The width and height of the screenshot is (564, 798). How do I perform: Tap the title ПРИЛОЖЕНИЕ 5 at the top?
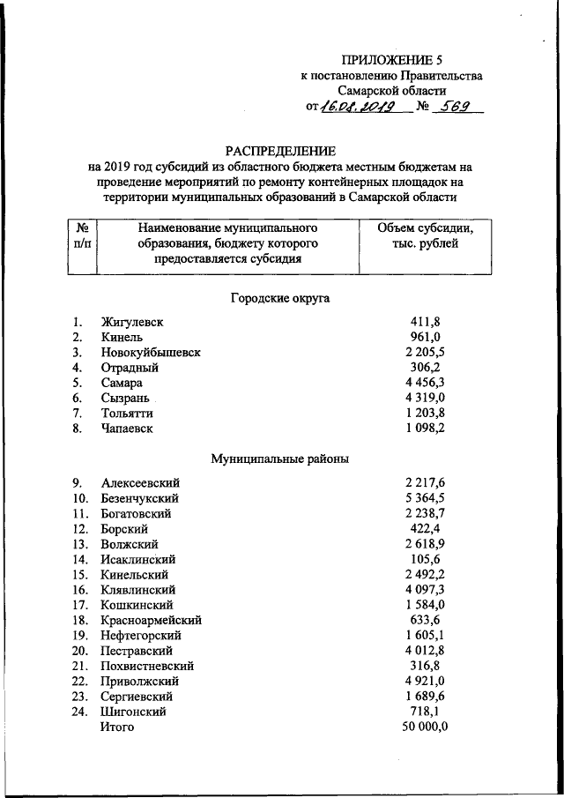(391, 60)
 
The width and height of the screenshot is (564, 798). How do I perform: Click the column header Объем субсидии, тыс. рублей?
(426, 235)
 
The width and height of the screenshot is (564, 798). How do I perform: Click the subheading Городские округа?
(280, 299)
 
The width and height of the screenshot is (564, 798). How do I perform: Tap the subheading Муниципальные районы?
(280, 459)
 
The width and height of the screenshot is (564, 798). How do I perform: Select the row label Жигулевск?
(132, 323)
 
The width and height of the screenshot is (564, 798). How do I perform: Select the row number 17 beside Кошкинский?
(80, 605)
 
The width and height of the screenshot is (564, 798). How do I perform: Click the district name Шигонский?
(134, 711)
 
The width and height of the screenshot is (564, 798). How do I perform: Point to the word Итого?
(117, 727)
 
